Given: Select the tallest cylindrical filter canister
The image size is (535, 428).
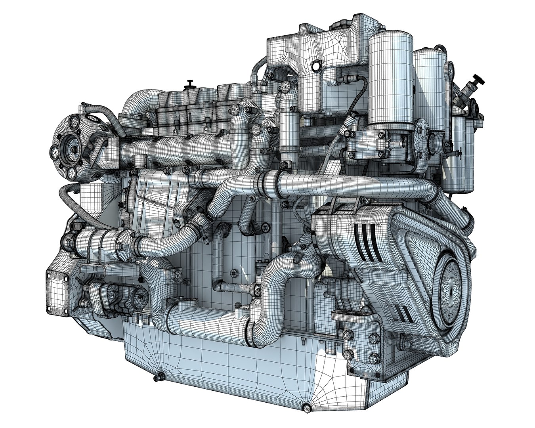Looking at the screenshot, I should tap(391, 75).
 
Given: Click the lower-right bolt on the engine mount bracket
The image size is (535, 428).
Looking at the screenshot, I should tap(373, 355).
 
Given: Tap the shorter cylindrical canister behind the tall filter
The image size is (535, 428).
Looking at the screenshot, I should tap(429, 87).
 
